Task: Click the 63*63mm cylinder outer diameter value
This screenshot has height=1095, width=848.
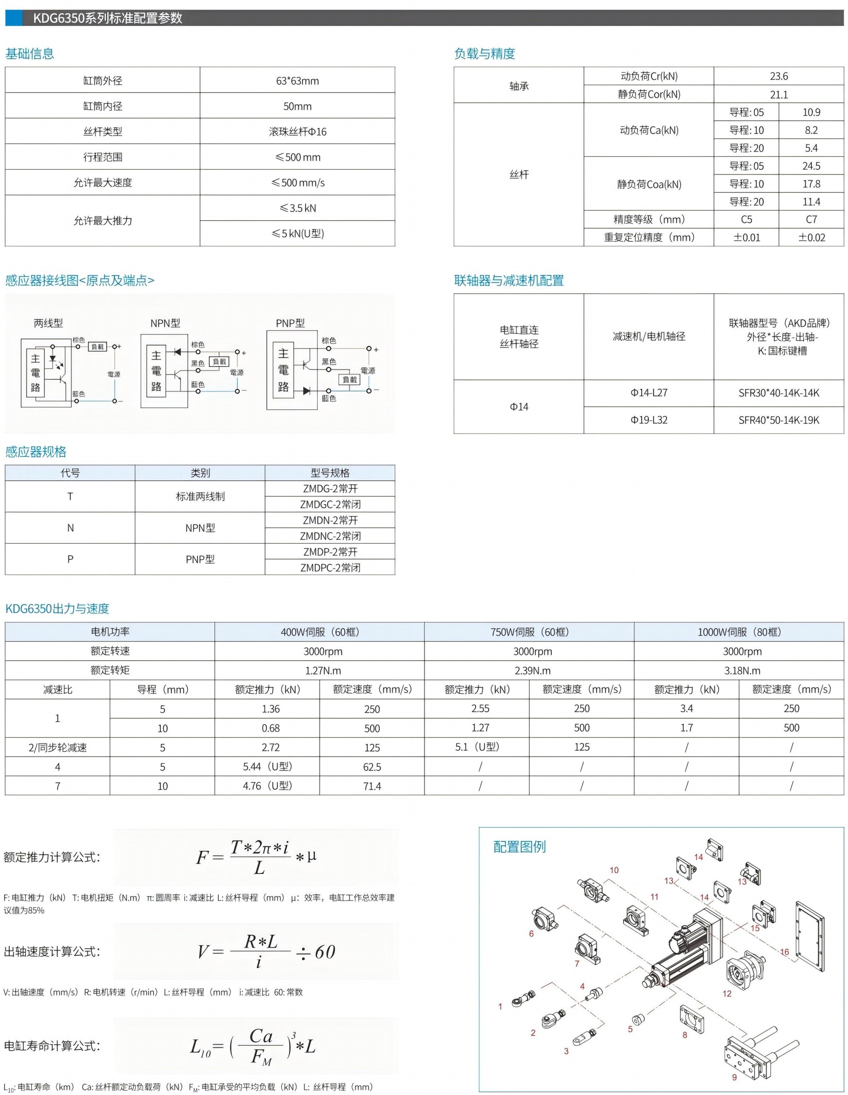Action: (x=297, y=81)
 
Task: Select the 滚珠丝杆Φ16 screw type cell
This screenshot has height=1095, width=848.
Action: (x=297, y=131)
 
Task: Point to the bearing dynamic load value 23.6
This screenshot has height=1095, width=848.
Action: (x=778, y=76)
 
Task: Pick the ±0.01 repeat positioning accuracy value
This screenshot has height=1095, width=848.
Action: (x=746, y=237)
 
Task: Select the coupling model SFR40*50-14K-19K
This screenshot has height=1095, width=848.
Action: (x=778, y=420)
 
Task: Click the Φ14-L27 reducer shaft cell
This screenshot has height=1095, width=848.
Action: (x=648, y=393)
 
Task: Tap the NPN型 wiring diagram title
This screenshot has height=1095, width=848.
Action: (x=165, y=323)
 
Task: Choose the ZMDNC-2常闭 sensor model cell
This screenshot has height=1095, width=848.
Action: (x=330, y=536)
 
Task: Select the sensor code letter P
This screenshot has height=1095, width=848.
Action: (x=70, y=559)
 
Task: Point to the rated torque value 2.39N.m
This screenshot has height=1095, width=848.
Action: (x=532, y=670)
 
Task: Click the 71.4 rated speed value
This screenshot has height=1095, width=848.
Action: (x=372, y=786)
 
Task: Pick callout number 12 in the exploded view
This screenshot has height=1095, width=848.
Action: (x=727, y=993)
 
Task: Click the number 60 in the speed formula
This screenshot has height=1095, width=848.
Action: (x=325, y=952)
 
